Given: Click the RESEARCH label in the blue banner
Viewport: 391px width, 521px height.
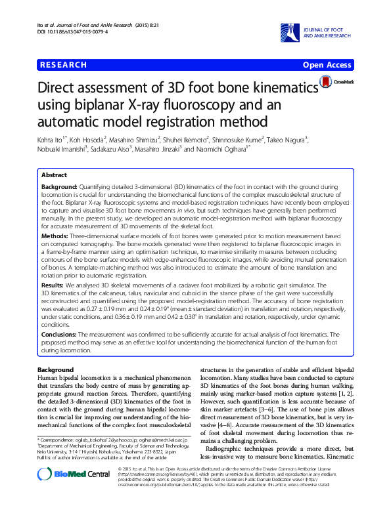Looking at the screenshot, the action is (64, 65).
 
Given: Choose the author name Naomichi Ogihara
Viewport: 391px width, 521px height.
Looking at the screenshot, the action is (221, 150).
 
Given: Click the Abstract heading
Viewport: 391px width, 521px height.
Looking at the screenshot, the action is (54, 176).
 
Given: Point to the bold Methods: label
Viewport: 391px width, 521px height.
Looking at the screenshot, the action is (55, 235).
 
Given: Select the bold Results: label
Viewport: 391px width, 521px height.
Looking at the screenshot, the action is (53, 286).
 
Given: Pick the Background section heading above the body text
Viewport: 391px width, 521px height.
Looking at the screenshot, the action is (56, 370).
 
